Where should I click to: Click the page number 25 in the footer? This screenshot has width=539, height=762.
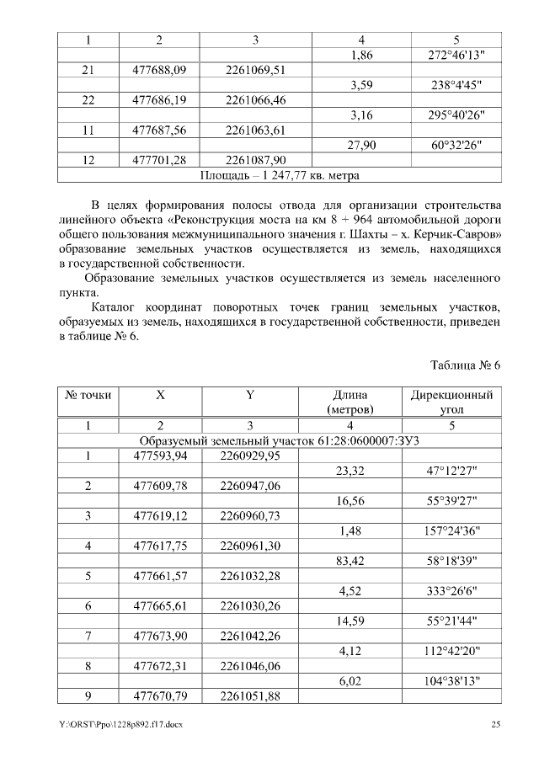pyautogui.click(x=495, y=724)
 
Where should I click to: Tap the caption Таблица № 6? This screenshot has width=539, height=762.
pyautogui.click(x=465, y=365)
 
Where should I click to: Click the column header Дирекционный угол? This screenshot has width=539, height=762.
pyautogui.click(x=451, y=402)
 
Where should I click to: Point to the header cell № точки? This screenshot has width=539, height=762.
pyautogui.click(x=88, y=394)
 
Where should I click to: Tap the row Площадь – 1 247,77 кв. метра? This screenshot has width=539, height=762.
pyautogui.click(x=280, y=175)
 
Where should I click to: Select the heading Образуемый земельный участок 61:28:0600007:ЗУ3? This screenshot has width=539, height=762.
pyautogui.click(x=280, y=441)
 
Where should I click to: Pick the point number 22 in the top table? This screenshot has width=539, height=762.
pyautogui.click(x=88, y=100)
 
